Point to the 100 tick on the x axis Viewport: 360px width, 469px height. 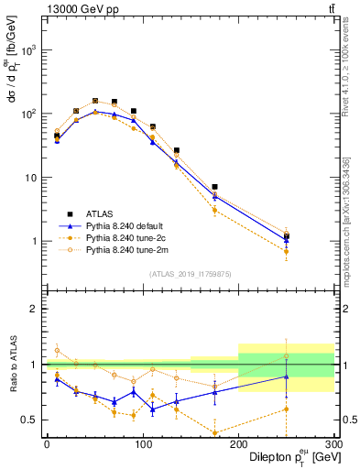click(x=142, y=443)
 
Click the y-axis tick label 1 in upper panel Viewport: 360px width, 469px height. click(x=34, y=241)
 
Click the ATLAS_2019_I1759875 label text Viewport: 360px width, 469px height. click(x=191, y=274)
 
